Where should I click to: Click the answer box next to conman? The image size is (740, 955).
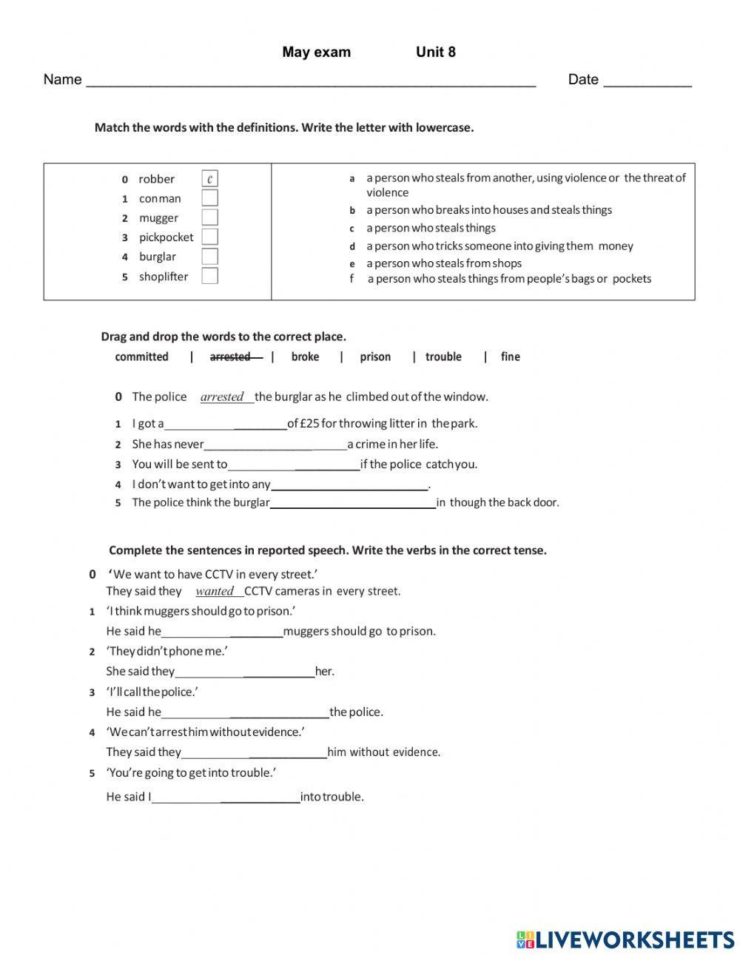pos(210,198)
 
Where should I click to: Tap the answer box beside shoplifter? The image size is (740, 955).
pos(210,277)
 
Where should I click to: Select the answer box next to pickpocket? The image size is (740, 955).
pos(210,237)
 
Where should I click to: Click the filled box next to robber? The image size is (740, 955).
pos(210,179)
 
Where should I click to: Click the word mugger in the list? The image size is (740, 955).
pos(158,218)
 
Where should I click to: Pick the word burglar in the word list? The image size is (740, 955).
pos(158,257)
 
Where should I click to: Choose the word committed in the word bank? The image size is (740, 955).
pos(142,357)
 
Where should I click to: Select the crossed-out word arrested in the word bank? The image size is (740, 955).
pos(231,357)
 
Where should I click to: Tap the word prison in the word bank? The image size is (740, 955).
pos(375,357)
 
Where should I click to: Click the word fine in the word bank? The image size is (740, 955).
pos(510,357)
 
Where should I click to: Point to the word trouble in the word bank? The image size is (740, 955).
pos(443,357)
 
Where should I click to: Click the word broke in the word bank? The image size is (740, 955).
pos(305,357)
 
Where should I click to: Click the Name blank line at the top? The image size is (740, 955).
pos(311,81)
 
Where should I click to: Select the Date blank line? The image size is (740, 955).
pos(647,81)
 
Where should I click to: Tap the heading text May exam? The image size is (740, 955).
pos(317,52)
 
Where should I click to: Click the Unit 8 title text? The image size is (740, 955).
pos(436,52)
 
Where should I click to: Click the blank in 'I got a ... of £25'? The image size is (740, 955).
pos(226,425)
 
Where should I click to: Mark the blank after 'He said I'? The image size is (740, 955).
pos(226,798)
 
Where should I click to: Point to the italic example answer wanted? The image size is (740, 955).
pos(215,591)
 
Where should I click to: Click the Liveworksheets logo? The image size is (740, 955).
pos(625,939)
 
